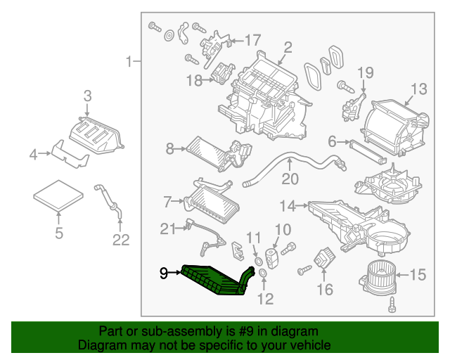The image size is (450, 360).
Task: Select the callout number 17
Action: pyautogui.click(x=252, y=40)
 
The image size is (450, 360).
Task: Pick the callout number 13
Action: pyautogui.click(x=418, y=89)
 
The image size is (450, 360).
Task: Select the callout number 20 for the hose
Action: pyautogui.click(x=290, y=179)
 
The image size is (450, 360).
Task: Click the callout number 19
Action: pyautogui.click(x=364, y=72)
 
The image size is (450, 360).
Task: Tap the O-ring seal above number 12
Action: pyautogui.click(x=262, y=272)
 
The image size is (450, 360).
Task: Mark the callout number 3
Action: pyautogui.click(x=87, y=96)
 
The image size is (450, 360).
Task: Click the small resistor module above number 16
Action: pyautogui.click(x=324, y=255)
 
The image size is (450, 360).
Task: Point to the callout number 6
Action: pyautogui.click(x=332, y=141)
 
